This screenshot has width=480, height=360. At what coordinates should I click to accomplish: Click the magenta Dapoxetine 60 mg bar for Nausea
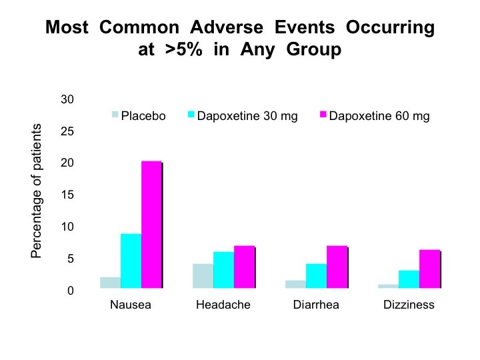click(151, 225)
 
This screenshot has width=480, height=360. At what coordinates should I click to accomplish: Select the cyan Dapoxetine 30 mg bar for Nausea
click(131, 261)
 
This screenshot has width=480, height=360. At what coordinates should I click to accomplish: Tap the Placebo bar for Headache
click(203, 276)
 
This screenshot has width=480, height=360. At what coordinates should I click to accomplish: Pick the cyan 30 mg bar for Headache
click(224, 270)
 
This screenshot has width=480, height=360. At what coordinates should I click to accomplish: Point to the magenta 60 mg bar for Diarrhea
click(337, 267)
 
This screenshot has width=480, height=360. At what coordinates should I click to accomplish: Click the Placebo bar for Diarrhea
click(296, 284)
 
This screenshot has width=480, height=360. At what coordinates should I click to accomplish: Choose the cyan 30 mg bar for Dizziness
click(409, 279)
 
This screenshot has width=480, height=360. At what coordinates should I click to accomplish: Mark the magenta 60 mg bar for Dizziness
click(430, 269)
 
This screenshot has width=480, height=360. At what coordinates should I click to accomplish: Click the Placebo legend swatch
click(115, 114)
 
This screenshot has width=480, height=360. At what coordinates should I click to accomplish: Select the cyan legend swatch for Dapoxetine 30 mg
click(191, 114)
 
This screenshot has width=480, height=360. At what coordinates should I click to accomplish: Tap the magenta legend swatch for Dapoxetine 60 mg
click(323, 114)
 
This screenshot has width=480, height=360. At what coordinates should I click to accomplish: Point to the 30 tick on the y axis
click(67, 99)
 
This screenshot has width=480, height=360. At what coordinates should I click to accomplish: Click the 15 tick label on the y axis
click(67, 195)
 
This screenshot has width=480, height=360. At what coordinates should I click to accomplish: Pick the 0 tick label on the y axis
click(71, 291)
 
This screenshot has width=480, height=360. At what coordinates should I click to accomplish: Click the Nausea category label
click(131, 305)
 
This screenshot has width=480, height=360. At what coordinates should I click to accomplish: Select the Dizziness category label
click(409, 305)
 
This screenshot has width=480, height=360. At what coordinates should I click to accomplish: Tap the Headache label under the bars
click(223, 305)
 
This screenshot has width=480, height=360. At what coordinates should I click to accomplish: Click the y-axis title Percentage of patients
click(36, 191)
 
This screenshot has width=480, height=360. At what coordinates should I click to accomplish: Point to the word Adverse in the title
click(227, 27)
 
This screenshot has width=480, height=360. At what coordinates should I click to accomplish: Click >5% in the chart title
click(184, 49)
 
